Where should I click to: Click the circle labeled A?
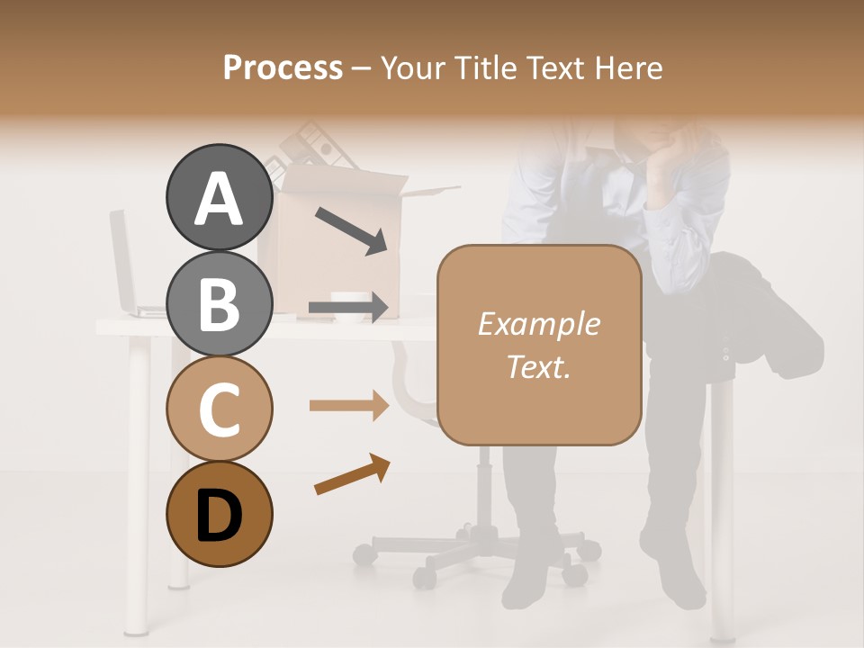click(x=219, y=198)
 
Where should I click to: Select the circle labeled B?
click(x=219, y=303)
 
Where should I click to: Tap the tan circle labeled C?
click(x=219, y=409)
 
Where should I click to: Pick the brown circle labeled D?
click(x=219, y=514)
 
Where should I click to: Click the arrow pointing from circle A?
click(x=351, y=230)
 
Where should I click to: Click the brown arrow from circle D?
click(x=352, y=474)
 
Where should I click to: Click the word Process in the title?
click(x=283, y=67)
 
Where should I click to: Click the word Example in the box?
click(x=538, y=324)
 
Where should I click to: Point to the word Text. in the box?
click(x=538, y=366)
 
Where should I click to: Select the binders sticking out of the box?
click(x=310, y=148)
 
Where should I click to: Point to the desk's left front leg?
click(x=138, y=486)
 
